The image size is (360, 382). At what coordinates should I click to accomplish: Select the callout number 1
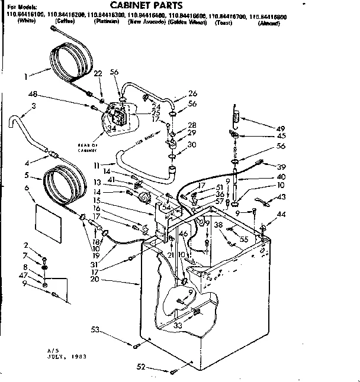[26, 76]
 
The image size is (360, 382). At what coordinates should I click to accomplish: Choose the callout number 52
[140, 367]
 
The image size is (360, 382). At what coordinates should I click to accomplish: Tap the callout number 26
[193, 93]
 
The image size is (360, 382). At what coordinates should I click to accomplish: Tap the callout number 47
[24, 276]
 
